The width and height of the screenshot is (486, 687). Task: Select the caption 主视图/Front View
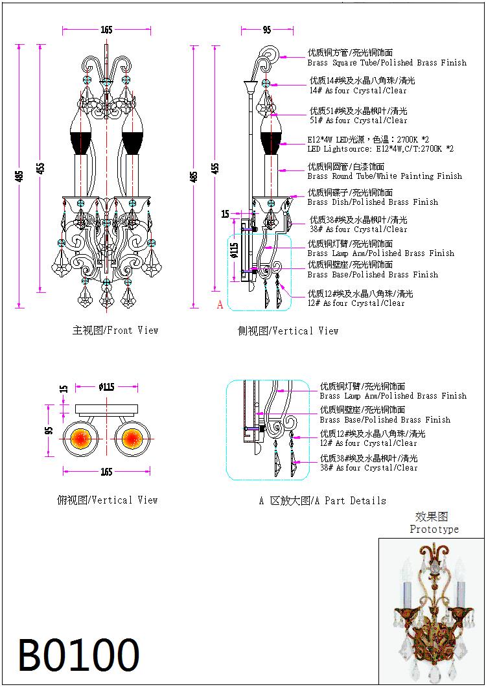coord(115,331)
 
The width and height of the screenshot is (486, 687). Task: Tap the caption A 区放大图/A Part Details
coord(322,501)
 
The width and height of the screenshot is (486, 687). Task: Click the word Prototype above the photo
coord(434,530)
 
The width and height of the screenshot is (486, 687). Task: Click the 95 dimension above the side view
coord(267,30)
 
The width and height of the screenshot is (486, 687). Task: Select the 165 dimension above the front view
coord(106,30)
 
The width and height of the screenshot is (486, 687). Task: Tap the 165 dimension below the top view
coord(106,472)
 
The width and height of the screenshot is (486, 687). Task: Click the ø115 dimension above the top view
coord(106,387)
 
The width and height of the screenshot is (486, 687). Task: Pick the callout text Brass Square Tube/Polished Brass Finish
coord(387,63)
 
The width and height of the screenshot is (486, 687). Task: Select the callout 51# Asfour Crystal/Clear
coord(358,121)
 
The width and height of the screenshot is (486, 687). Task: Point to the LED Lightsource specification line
coord(380,149)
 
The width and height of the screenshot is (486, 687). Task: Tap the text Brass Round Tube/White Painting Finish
coord(385,176)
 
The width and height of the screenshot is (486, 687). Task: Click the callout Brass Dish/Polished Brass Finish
coord(373,202)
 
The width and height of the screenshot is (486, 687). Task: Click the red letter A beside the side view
coord(220,305)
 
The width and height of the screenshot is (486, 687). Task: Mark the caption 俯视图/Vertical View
coord(108,500)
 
